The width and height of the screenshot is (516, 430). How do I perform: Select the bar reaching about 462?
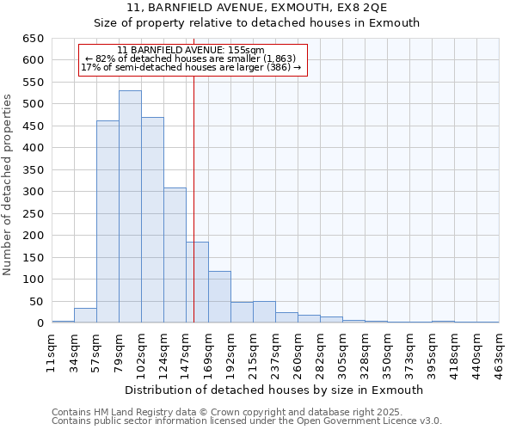point(107,222)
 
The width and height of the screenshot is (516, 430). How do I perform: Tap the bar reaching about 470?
point(152,220)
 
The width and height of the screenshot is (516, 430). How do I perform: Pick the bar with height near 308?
point(175,255)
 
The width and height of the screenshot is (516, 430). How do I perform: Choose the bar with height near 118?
point(219,297)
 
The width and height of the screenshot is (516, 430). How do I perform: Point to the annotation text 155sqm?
point(191,50)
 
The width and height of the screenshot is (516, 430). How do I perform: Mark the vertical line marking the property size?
point(194,198)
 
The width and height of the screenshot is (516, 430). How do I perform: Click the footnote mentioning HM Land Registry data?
point(233,412)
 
